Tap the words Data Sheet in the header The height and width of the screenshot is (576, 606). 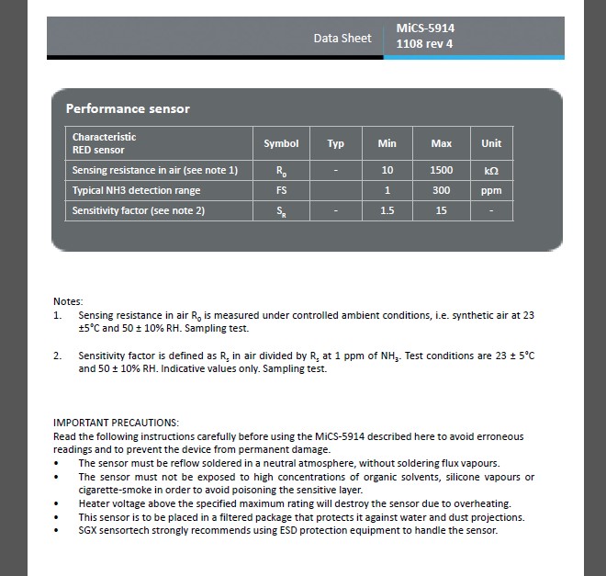342,38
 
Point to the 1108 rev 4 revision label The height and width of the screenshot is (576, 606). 424,44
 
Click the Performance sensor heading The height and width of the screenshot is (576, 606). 128,108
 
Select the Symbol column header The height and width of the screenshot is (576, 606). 281,143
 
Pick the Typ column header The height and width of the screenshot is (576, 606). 335,143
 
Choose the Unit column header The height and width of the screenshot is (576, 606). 491,143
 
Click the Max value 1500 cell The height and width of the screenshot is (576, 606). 442,170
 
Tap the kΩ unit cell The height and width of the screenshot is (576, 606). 491,171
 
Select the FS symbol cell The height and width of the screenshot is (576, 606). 281,190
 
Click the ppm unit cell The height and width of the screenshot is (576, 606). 491,190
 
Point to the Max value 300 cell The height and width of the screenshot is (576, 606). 442,190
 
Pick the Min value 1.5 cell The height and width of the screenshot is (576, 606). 387,210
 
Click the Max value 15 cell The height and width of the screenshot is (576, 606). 442,210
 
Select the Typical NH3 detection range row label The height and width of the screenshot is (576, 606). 136,190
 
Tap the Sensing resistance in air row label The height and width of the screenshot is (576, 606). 154,170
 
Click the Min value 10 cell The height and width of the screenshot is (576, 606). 387,170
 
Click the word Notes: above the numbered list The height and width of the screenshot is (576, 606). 68,301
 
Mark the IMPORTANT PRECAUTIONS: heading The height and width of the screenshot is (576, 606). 116,422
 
